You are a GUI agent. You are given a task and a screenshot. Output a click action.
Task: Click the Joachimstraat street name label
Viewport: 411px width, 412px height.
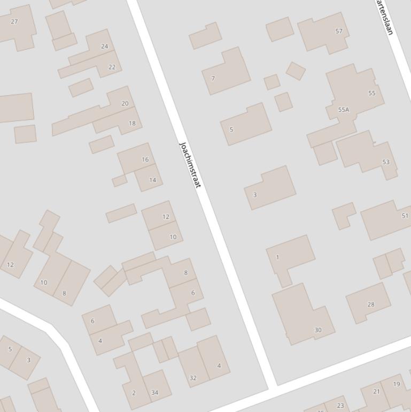(190, 165)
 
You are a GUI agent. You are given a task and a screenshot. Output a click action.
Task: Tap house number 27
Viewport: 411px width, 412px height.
(14, 22)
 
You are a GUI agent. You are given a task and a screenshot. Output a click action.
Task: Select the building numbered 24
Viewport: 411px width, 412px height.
(104, 47)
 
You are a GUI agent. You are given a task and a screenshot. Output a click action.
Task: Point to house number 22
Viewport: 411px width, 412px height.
(112, 67)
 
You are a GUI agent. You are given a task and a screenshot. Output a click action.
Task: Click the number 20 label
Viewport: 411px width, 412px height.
(125, 104)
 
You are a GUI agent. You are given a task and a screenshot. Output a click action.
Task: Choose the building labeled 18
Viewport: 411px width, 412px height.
(132, 124)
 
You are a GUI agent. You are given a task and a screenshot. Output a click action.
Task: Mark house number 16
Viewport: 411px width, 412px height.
(145, 159)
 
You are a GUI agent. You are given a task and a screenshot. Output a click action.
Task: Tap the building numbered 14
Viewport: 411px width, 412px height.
(152, 180)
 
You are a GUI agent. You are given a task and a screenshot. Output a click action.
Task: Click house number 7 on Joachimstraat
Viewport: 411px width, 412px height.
(213, 79)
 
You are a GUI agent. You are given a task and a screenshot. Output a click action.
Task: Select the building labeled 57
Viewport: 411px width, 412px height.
(339, 32)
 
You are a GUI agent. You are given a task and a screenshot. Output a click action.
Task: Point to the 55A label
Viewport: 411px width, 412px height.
(344, 110)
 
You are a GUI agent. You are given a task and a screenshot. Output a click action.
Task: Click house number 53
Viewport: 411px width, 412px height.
(386, 162)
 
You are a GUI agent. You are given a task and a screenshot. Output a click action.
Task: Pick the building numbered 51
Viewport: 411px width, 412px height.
(405, 216)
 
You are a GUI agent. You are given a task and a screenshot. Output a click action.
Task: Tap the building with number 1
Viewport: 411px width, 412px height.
(277, 257)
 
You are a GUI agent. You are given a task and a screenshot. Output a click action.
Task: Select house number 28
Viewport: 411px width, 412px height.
(371, 304)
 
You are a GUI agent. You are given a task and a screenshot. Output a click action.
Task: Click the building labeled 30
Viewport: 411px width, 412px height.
(318, 330)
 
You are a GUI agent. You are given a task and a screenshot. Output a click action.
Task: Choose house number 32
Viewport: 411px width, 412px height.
(193, 378)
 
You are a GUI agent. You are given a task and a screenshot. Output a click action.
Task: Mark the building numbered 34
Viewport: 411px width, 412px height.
(154, 393)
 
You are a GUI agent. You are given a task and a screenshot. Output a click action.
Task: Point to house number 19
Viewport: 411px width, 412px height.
(397, 384)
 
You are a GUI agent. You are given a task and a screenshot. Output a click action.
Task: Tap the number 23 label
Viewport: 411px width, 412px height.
(340, 406)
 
